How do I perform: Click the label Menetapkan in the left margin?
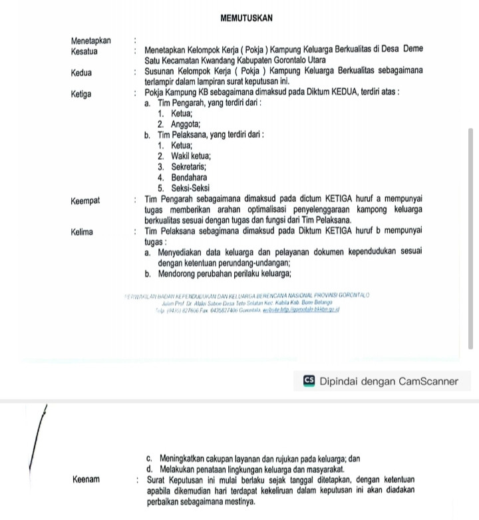[91, 40]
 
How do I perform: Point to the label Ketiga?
[82, 94]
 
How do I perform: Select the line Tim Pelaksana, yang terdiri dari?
[210, 135]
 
